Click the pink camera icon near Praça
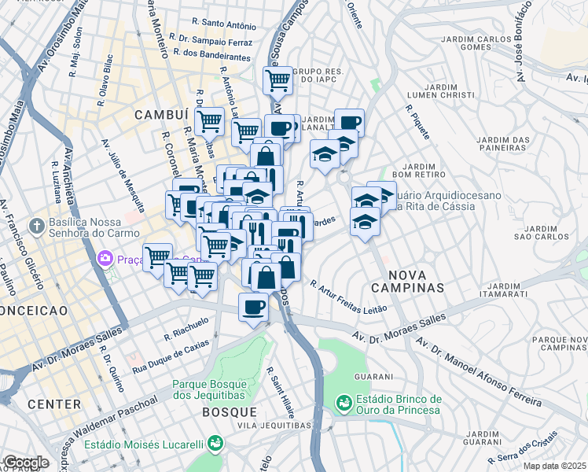tap(105, 258)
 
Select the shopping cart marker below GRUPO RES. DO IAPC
tap(277, 79)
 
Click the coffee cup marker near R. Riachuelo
tap(253, 306)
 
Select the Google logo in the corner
tap(25, 463)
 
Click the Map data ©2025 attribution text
tap(554, 466)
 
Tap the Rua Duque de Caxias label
tap(171, 356)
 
